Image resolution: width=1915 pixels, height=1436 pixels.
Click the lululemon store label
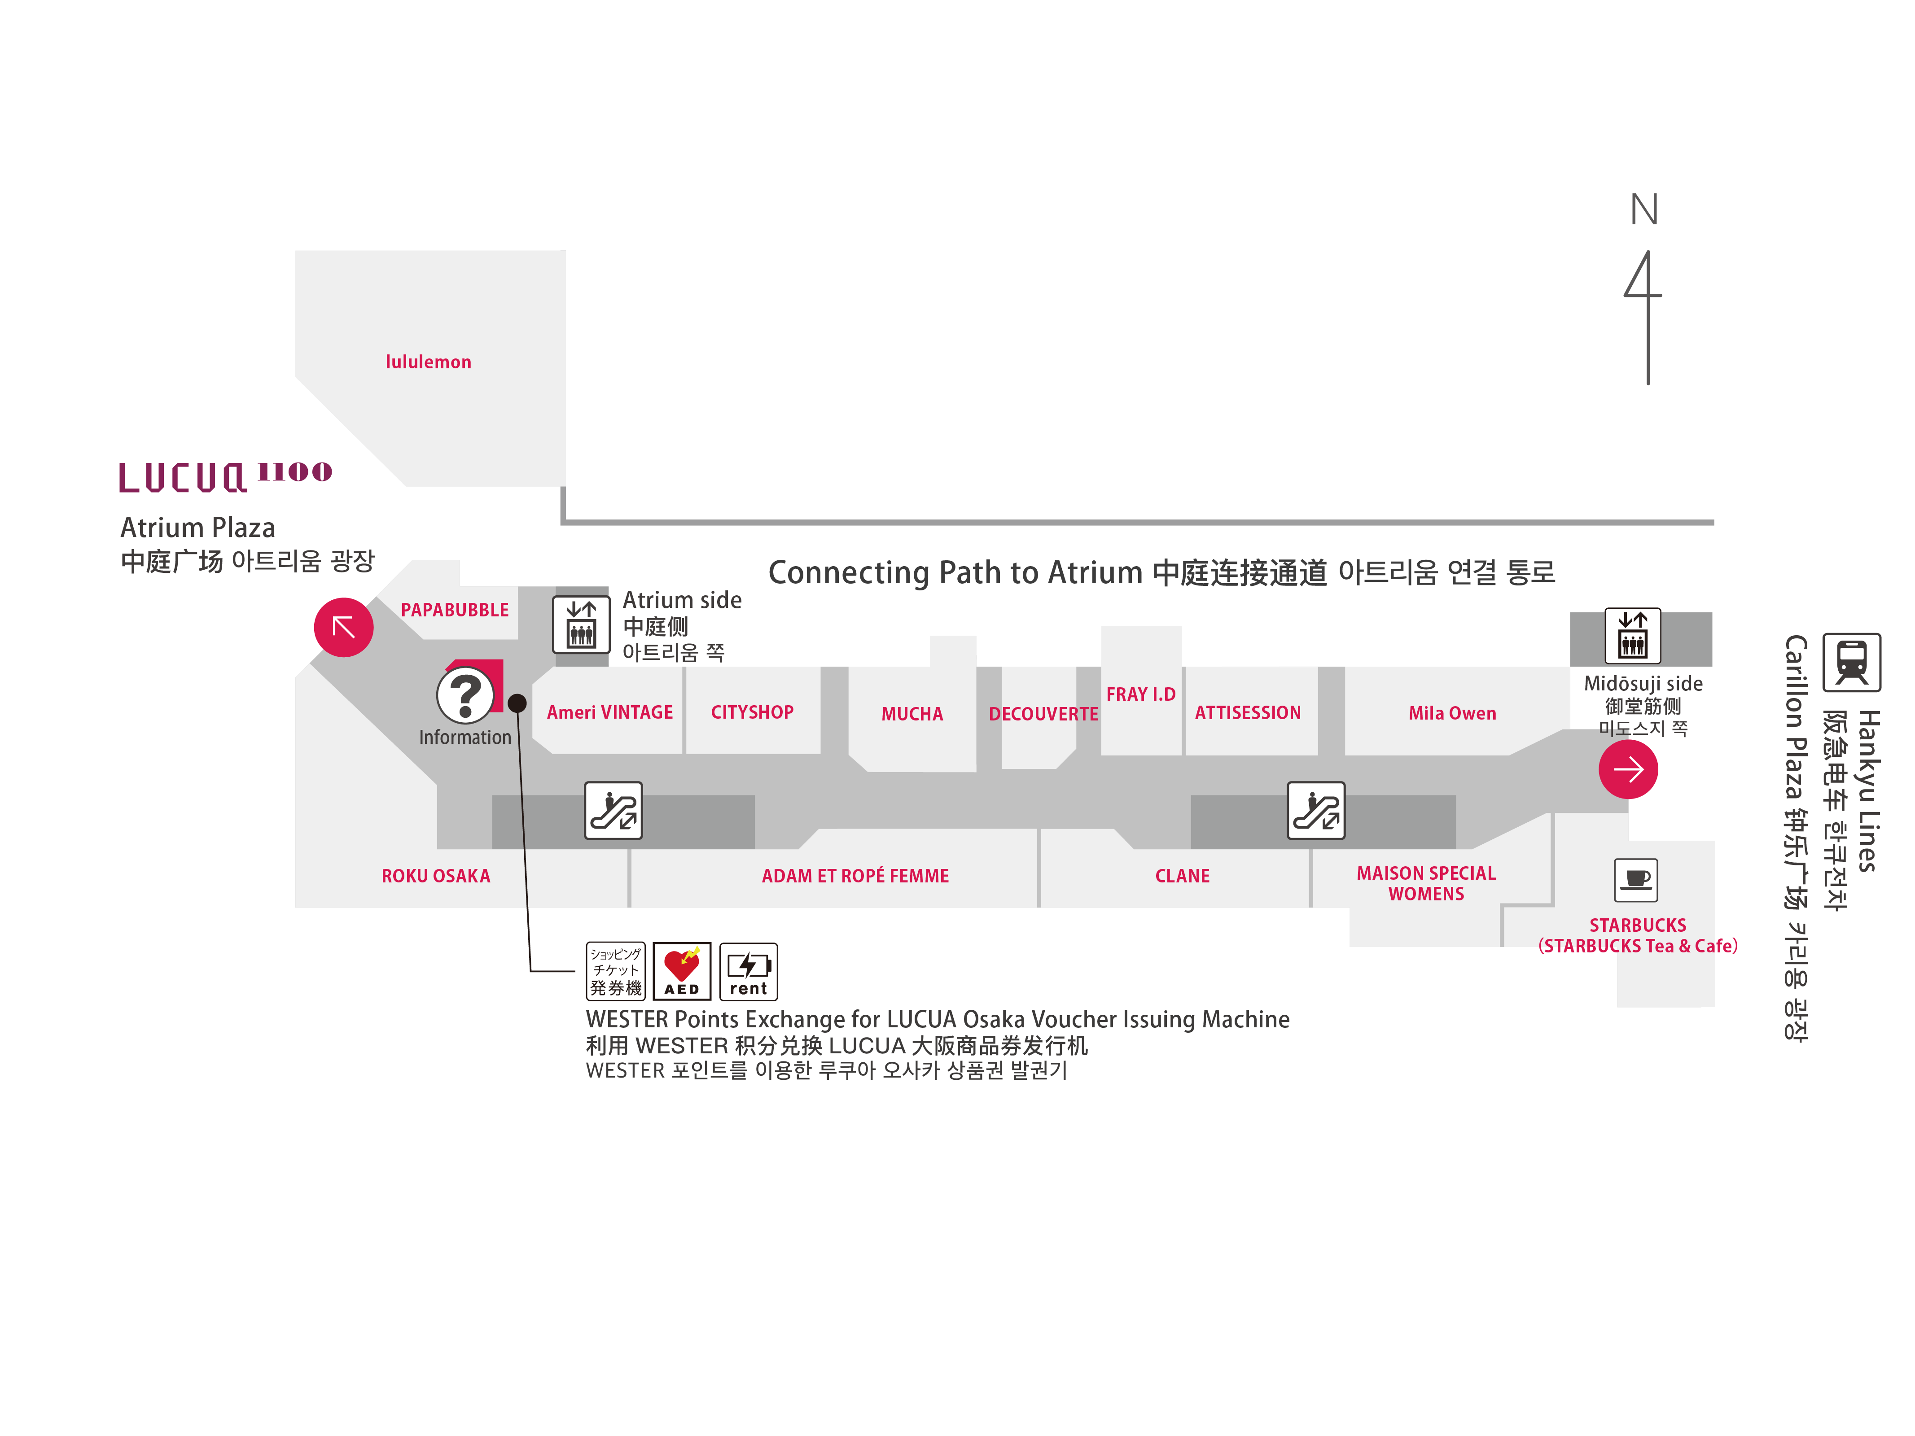tap(429, 362)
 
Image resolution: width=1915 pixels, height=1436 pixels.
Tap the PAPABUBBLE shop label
tap(455, 610)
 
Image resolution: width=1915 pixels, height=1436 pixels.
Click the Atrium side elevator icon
tap(582, 625)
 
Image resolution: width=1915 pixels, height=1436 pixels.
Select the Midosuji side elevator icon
tap(1633, 634)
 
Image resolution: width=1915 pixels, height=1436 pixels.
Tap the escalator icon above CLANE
tap(1316, 811)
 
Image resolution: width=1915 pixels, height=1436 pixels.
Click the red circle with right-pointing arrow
tap(1628, 768)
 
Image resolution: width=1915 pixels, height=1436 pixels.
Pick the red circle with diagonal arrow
tap(344, 627)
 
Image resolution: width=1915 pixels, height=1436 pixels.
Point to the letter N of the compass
tap(1644, 210)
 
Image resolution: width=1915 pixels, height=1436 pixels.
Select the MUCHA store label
tap(911, 714)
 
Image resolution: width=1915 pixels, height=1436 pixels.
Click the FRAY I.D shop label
tap(1140, 694)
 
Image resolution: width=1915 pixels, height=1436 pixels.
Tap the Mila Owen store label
tap(1452, 713)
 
